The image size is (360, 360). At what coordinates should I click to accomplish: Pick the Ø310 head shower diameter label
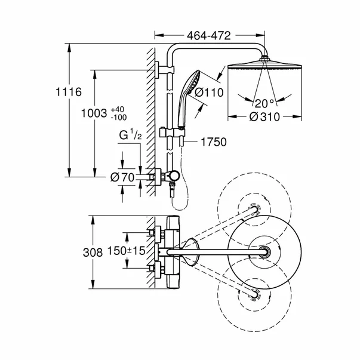(x=262, y=118)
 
